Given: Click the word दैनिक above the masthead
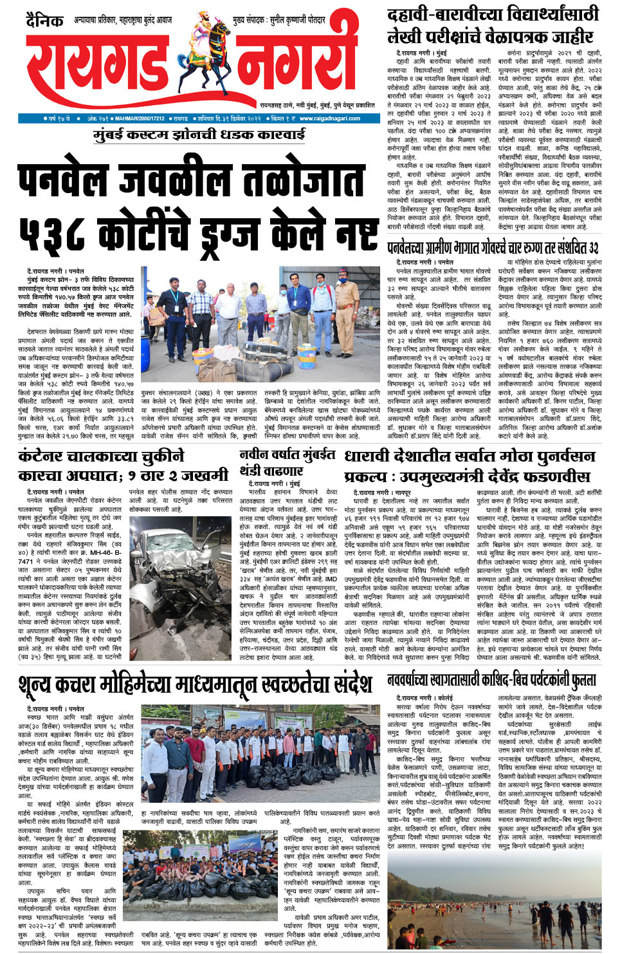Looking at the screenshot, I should click(x=45, y=21).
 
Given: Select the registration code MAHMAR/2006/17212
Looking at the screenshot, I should click(x=140, y=118).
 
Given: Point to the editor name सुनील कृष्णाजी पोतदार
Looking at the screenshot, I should click(x=296, y=21).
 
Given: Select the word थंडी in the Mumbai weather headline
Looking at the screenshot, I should click(x=252, y=471).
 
